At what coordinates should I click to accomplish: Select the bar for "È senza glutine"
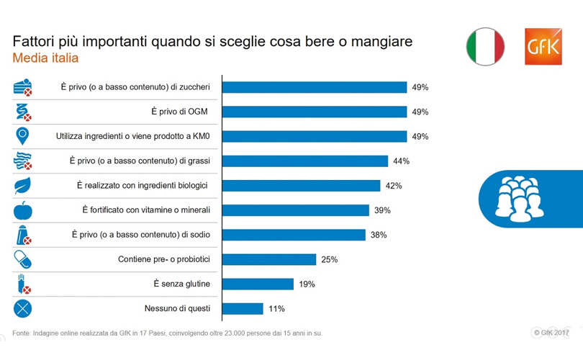(258, 284)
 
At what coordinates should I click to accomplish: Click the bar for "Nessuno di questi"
(243, 309)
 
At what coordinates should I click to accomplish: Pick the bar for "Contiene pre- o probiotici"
(269, 259)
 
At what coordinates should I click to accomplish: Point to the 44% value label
(401, 161)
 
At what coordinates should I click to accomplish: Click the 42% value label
(393, 186)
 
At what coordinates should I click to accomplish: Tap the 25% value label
(330, 259)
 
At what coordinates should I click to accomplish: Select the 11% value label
(276, 309)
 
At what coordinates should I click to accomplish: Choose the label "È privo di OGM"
(180, 112)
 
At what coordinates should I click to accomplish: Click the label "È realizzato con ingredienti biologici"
(143, 186)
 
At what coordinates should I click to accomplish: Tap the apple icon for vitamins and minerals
(24, 210)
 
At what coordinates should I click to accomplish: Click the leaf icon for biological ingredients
(24, 186)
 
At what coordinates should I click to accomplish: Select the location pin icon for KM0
(24, 136)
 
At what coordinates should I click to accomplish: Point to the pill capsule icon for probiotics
(24, 259)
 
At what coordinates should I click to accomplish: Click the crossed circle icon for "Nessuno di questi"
(24, 309)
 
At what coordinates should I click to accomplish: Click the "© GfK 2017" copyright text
(551, 332)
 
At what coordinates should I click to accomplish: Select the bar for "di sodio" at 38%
(293, 235)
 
